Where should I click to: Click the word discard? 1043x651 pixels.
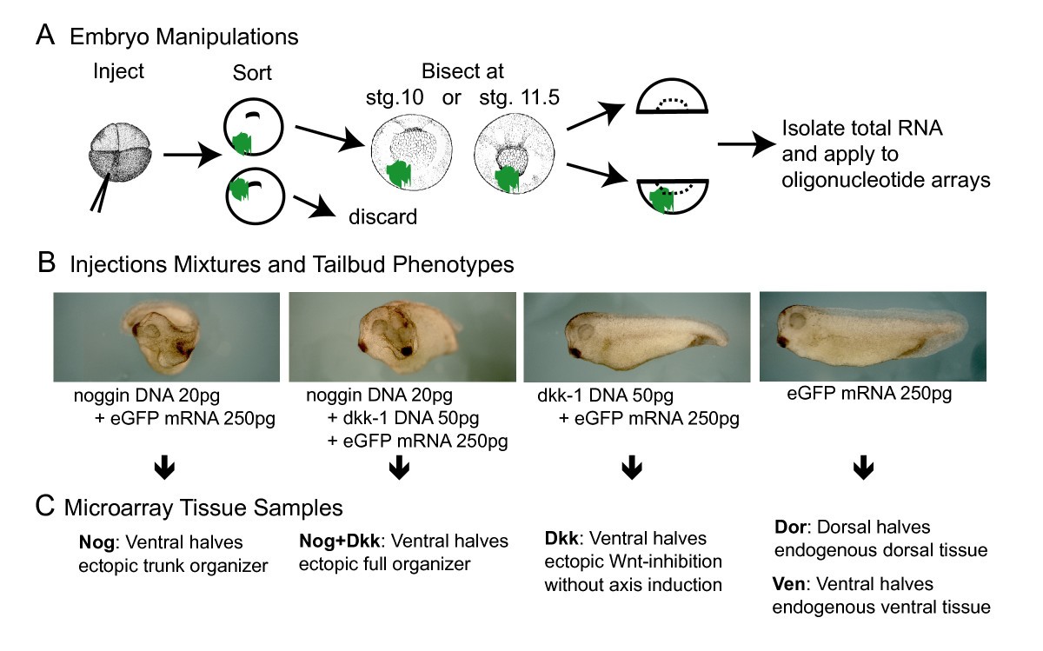pos(382,215)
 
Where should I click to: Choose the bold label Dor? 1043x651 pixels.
pos(787,527)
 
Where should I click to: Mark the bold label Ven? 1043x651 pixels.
pos(788,584)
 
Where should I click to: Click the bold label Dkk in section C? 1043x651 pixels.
pos(560,540)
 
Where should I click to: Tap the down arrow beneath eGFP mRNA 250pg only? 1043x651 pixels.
pos(862,468)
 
